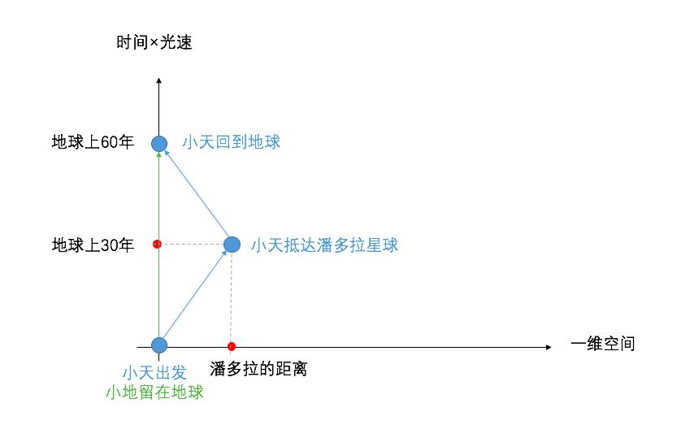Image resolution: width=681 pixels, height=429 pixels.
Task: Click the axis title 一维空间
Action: (602, 344)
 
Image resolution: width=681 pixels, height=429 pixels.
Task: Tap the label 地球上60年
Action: (93, 142)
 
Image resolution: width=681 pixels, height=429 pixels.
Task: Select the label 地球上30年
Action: (93, 245)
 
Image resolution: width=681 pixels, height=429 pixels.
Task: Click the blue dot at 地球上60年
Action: (159, 144)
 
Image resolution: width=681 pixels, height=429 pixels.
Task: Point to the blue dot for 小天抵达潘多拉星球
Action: (232, 244)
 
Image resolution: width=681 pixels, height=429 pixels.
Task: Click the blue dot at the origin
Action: (159, 345)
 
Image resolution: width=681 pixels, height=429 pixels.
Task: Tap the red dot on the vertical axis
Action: (158, 244)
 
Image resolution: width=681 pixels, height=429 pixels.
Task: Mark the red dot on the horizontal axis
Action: (232, 346)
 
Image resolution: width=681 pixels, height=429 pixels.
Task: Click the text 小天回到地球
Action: (232, 142)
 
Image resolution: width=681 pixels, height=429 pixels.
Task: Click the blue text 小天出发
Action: (154, 373)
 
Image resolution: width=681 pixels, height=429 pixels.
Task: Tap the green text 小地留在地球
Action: (154, 392)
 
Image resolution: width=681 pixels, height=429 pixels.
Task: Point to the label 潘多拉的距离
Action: (258, 370)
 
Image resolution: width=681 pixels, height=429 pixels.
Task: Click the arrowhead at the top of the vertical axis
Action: (159, 80)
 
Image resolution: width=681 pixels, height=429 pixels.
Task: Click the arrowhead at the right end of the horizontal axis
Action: (549, 348)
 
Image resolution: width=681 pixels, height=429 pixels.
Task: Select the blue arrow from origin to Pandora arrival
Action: (195, 295)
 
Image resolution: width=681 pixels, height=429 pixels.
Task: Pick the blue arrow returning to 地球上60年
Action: (197, 195)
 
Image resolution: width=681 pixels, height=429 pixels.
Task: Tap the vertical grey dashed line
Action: (232, 297)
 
